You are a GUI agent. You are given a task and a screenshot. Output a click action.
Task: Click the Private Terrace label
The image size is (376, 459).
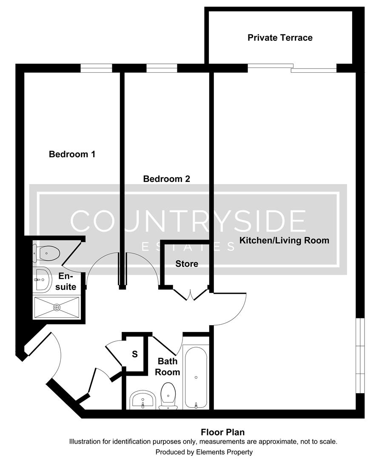280,38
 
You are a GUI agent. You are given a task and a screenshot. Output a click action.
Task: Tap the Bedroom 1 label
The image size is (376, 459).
72,154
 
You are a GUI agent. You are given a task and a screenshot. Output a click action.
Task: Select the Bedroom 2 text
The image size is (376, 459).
166,179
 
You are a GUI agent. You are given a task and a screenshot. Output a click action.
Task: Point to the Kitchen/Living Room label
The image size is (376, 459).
284,241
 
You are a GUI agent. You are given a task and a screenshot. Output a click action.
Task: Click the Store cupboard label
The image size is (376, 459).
187,264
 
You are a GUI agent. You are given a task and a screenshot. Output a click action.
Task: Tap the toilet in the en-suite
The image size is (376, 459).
46,254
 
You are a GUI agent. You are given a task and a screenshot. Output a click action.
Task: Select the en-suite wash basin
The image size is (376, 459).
42,280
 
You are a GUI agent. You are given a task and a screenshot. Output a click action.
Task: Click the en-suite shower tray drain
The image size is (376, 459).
57,307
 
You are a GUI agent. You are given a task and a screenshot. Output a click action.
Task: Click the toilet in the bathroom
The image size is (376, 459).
168,395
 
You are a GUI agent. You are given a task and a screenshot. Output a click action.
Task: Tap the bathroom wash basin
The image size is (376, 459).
142,399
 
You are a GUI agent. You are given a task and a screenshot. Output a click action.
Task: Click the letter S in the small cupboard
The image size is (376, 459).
135,354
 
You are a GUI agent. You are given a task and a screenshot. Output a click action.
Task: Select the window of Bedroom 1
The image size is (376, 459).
97,68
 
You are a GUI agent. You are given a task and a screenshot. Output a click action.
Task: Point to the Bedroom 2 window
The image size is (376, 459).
162,68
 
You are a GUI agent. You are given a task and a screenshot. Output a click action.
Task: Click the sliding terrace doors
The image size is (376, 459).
292,68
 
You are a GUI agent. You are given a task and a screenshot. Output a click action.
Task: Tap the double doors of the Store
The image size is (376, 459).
190,295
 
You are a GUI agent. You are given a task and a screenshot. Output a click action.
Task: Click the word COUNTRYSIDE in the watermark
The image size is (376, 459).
188,221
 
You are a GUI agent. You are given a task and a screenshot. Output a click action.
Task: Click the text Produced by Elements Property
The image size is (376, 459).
204,452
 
